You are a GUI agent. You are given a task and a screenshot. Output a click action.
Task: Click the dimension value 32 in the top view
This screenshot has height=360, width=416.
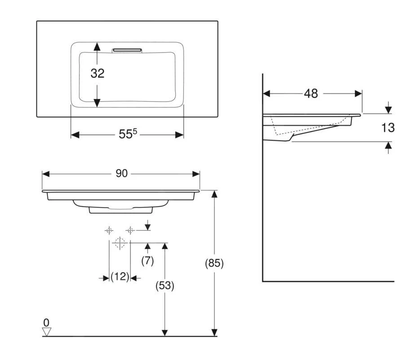(x=97, y=73)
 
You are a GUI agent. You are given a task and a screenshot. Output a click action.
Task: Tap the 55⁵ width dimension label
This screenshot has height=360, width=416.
(x=128, y=134)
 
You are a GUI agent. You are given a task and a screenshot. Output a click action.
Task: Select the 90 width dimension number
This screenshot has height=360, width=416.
(x=121, y=173)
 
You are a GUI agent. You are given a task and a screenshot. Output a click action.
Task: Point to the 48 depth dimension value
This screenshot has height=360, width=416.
(x=311, y=93)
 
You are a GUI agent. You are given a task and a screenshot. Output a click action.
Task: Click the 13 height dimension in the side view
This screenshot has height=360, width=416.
(x=388, y=128)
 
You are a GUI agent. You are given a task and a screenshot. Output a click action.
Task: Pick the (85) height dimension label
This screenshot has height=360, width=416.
(x=214, y=263)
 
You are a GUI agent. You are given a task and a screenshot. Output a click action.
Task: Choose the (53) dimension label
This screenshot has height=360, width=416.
(x=165, y=285)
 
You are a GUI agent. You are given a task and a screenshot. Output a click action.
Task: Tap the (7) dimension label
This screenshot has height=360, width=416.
(x=148, y=261)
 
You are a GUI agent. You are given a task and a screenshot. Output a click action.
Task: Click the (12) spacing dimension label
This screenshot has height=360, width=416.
(x=120, y=277)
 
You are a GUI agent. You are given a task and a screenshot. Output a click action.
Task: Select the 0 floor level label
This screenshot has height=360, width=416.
(x=46, y=323)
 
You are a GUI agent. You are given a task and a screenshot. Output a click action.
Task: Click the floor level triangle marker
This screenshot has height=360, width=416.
(x=47, y=332)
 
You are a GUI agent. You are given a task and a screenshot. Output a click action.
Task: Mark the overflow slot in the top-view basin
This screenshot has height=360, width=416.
(x=127, y=50)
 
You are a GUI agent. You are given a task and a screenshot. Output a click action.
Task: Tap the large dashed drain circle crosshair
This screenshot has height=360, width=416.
(x=120, y=243)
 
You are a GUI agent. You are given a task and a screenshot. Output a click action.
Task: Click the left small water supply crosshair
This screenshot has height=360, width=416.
(x=109, y=230)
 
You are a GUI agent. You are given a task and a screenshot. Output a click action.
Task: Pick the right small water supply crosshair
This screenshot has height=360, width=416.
(x=130, y=230)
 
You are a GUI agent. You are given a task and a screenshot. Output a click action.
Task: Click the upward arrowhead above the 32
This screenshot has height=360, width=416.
(x=97, y=46)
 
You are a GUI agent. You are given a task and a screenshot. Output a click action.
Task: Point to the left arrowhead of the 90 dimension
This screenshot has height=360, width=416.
(x=46, y=174)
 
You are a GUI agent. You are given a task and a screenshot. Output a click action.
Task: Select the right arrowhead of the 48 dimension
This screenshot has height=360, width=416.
(x=358, y=93)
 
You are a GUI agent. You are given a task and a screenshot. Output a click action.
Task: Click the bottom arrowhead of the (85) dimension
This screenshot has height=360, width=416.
(x=214, y=333)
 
